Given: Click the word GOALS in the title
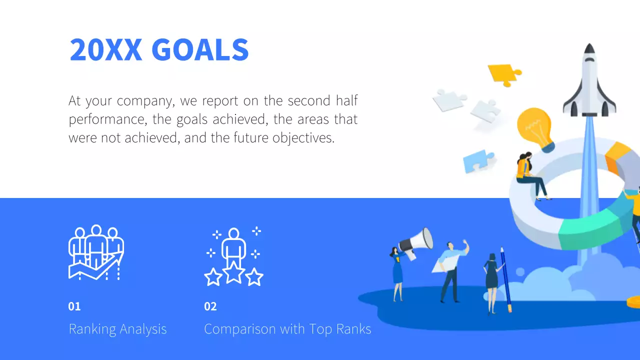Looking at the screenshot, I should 199,50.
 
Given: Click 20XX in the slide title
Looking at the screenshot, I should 105,50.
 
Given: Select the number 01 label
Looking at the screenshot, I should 74,306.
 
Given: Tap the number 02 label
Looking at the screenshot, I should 210,306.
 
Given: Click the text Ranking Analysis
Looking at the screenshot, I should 117,329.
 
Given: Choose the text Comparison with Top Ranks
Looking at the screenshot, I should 287,329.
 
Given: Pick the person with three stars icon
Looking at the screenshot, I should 233,256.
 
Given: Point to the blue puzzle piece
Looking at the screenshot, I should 477,161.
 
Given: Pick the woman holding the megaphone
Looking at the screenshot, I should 398,272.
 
